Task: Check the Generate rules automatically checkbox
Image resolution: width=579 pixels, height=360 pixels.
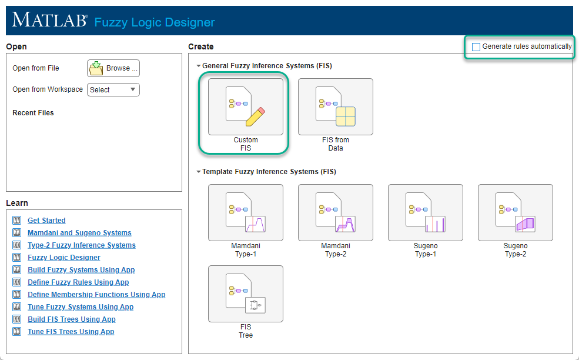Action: click(x=476, y=47)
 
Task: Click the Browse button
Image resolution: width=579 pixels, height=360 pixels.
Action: click(x=113, y=68)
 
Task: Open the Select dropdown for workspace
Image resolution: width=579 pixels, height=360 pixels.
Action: click(x=113, y=90)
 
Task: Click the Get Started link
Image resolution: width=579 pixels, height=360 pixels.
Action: click(x=46, y=221)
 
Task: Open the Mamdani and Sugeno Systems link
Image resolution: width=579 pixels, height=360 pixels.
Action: click(x=79, y=233)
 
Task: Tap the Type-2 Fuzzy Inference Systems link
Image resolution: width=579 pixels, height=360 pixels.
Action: click(x=81, y=245)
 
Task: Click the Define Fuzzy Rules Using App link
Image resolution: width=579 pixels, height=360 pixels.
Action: click(x=78, y=282)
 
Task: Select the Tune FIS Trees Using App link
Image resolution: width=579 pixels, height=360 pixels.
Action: click(x=71, y=332)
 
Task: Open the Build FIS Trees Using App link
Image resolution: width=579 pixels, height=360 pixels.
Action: click(x=71, y=319)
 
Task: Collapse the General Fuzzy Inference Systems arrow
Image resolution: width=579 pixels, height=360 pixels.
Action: click(x=198, y=66)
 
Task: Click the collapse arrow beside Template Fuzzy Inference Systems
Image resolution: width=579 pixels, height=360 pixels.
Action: click(x=198, y=172)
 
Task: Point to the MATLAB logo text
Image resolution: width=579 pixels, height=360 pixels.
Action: click(x=49, y=20)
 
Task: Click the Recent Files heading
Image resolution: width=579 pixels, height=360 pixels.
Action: click(x=33, y=113)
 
